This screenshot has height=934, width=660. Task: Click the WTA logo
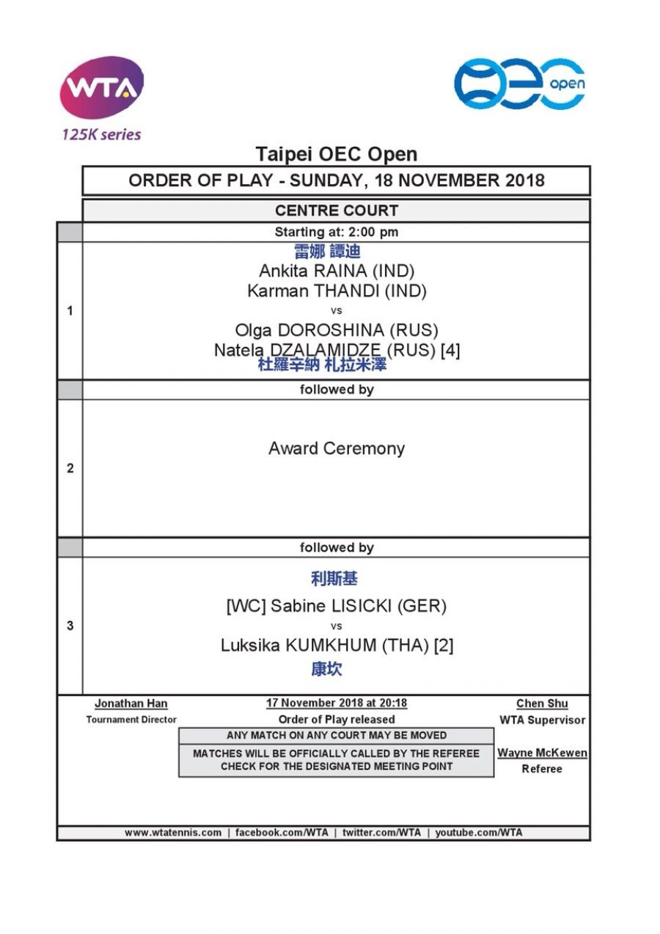pos(101,89)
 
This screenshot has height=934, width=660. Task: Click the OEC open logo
pos(519,84)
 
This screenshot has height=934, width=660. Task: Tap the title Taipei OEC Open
pos(337,154)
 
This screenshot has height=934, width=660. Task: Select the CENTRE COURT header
pos(337,211)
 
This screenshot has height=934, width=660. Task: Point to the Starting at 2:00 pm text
pos(337,232)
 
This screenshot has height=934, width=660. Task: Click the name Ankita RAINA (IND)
pos(337,271)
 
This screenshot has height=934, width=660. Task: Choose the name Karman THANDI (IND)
pos(337,291)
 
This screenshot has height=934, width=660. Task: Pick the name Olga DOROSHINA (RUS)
pos(337,329)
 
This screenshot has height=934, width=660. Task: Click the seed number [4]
pos(450,350)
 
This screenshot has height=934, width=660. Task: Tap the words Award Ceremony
pos(337,448)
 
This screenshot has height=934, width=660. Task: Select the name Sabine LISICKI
pos(359,606)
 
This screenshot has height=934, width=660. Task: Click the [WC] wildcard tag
pos(246,606)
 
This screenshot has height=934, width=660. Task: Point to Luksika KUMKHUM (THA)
pos(325,646)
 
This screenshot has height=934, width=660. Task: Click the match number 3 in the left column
pos(70,626)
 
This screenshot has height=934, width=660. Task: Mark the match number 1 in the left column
pos(70,310)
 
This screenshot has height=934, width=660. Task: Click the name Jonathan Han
pos(131,704)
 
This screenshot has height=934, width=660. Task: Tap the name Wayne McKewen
pos(542,753)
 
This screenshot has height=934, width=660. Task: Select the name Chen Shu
pos(542,704)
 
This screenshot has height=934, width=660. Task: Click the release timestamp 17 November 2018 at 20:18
pos(337,703)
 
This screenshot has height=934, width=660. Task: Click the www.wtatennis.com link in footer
pos(173,833)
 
